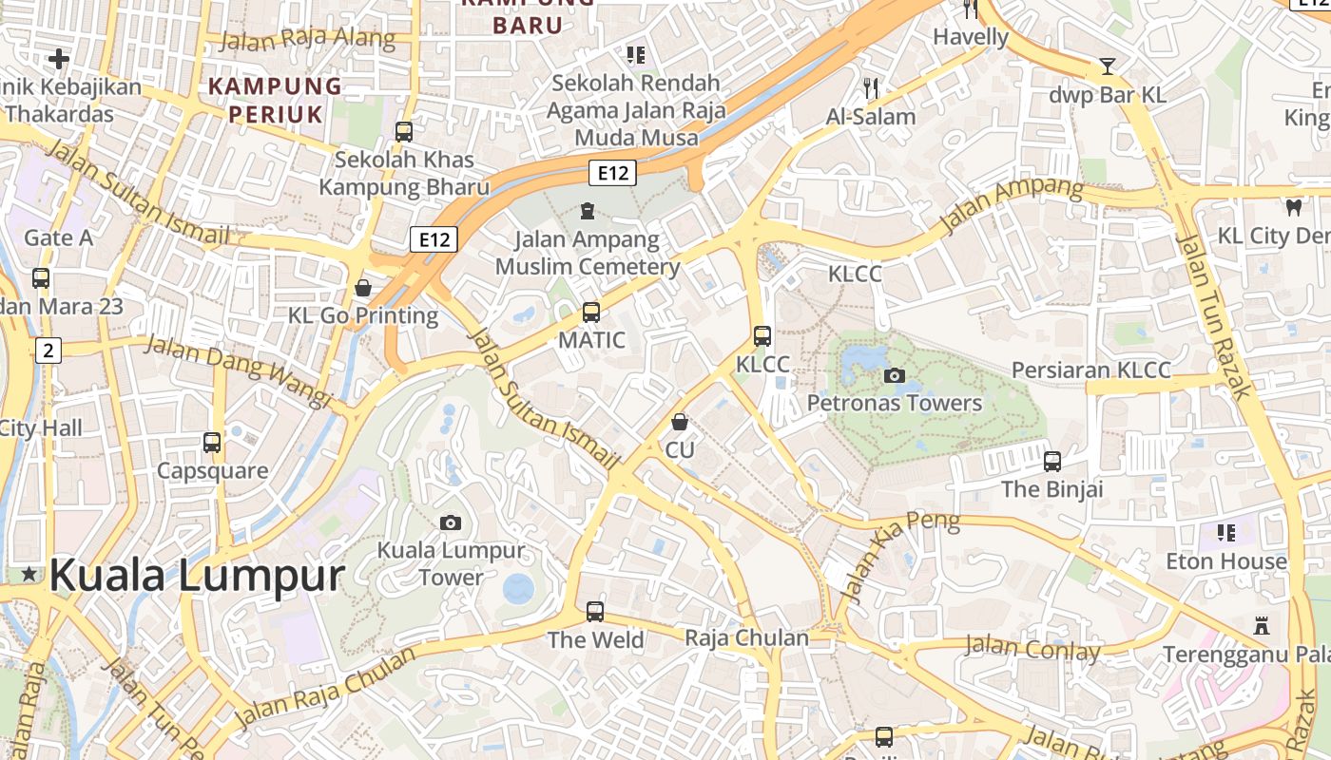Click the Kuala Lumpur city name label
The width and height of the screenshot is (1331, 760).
coord(196,576)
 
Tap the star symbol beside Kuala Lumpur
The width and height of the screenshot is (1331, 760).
coord(29,574)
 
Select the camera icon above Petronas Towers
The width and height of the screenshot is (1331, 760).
coord(894,375)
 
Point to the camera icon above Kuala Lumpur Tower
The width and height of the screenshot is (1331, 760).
coord(451,522)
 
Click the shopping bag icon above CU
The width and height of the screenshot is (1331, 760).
coord(680,421)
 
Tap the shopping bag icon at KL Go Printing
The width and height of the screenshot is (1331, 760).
coord(362,287)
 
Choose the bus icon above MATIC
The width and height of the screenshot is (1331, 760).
coord(590,312)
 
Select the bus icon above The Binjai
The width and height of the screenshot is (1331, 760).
coord(1051,462)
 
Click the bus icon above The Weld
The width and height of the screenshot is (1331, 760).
coord(595,612)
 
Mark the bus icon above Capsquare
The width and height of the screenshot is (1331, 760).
coord(212,443)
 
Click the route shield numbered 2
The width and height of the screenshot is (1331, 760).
coord(48,351)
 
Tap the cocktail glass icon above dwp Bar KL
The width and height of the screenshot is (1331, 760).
coord(1107,66)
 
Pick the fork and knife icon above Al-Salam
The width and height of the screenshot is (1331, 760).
coord(871,88)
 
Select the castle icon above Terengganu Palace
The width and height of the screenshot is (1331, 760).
coord(1262,626)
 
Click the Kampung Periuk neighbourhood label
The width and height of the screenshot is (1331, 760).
coord(275,100)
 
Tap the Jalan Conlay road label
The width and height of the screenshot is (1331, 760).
coord(1032,650)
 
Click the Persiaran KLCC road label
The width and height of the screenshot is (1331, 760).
coord(1090,370)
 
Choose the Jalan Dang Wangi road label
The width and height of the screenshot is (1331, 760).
coord(238,370)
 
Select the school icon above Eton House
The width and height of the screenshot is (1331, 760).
coord(1225,533)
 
